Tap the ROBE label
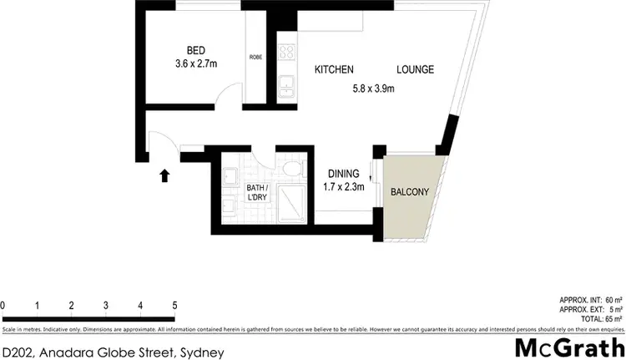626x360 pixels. [x=255, y=57]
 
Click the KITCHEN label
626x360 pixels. [x=334, y=69]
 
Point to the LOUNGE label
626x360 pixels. [x=415, y=69]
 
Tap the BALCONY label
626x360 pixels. [x=409, y=192]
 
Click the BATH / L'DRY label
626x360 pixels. [x=256, y=192]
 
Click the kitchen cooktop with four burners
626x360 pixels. [x=286, y=52]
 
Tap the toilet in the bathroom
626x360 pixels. [x=290, y=169]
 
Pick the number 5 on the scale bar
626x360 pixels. [x=174, y=304]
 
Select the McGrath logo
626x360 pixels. [x=571, y=347]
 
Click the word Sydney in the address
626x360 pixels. [x=202, y=352]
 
